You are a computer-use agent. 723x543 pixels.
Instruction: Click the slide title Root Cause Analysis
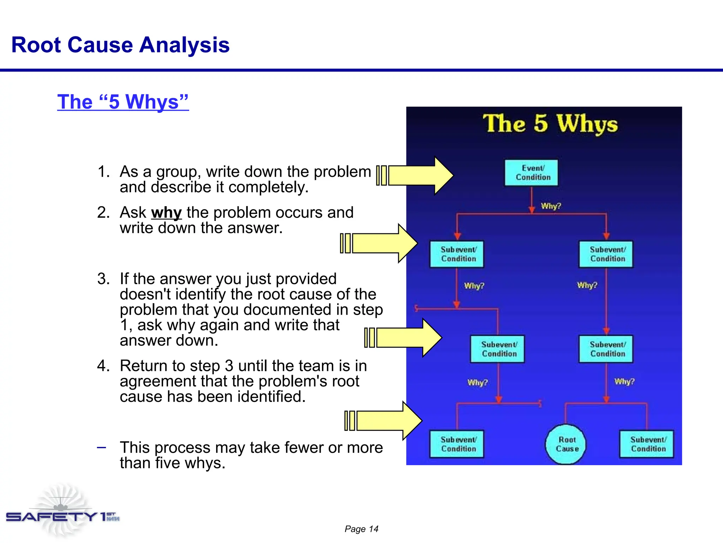click(x=120, y=45)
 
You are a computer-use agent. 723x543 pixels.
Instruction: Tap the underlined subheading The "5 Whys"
click(x=123, y=102)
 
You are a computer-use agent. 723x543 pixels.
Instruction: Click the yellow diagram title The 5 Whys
click(x=550, y=124)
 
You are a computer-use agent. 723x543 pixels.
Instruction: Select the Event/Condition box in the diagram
click(x=531, y=173)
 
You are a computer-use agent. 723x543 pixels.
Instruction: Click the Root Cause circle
click(x=566, y=444)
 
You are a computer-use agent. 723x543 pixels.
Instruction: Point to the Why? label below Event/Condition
click(x=551, y=206)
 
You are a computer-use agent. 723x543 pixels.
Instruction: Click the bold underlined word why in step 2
click(x=166, y=213)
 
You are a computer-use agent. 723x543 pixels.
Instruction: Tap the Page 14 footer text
click(x=361, y=529)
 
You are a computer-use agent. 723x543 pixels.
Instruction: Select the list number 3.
click(x=103, y=279)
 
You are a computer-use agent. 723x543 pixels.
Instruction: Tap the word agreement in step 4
click(x=157, y=381)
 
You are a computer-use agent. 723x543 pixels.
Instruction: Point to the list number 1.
click(x=103, y=172)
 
